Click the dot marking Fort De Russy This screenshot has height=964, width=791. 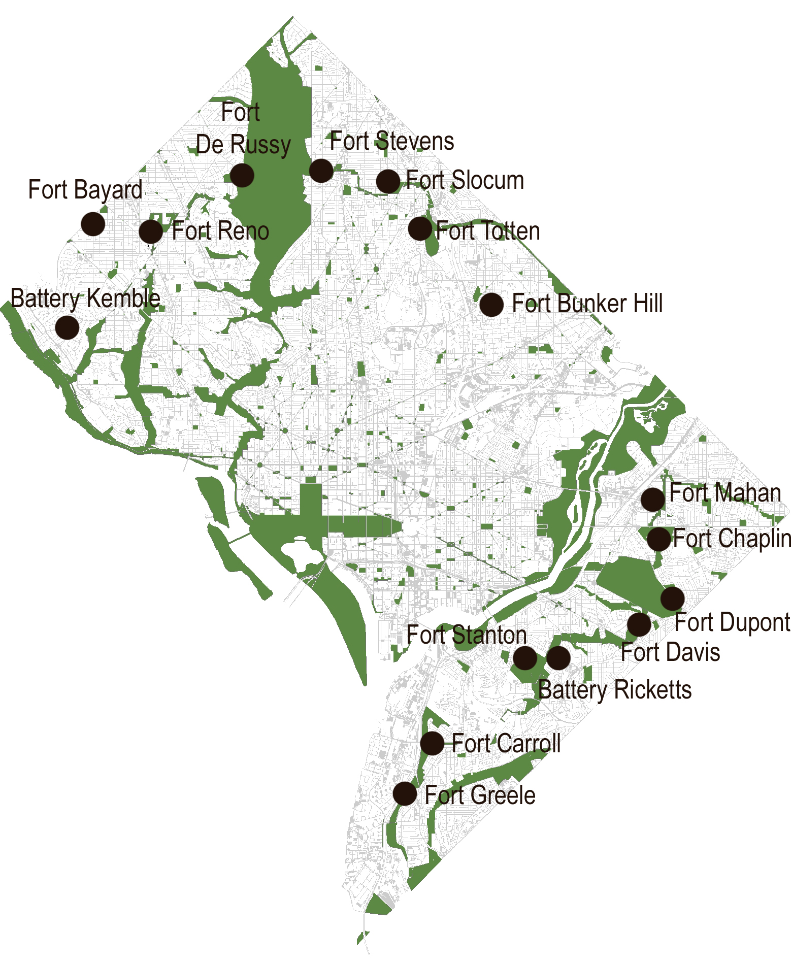242,175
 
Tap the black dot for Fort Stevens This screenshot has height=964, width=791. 321,171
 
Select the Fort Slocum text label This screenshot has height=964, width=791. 465,181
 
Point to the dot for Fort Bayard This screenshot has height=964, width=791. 93,224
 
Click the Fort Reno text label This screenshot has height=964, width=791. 220,231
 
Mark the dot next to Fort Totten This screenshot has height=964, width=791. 420,228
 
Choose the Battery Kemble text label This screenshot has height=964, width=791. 85,298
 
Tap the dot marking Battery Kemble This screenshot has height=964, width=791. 68,327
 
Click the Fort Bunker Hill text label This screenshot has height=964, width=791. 587,304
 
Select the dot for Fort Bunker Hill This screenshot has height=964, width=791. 491,305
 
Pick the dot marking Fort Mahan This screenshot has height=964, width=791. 652,500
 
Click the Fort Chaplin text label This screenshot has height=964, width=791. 732,539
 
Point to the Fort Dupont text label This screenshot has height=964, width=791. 732,622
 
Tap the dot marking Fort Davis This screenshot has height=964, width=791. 639,624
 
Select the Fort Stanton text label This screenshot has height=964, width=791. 467,635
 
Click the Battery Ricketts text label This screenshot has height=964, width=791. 615,690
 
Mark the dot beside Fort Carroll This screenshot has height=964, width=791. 432,744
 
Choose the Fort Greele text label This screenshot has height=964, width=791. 480,795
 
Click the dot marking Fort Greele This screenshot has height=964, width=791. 405,793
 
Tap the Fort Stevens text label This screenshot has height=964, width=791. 392,141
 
